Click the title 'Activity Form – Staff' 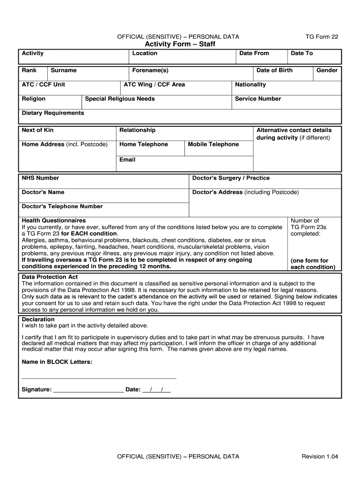tap(180, 44)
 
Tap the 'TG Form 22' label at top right tap(322, 36)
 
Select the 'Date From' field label tap(254, 53)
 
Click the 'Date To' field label tap(302, 53)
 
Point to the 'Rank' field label tap(29, 71)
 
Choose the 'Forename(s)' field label tap(150, 71)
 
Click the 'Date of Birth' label tap(274, 71)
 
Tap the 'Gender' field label tap(327, 71)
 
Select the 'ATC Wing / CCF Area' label tap(154, 85)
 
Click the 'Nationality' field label tap(250, 85)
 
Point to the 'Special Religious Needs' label tap(120, 99)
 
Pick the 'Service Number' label tap(258, 99)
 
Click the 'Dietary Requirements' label tap(53, 113)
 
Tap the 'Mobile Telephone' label tap(213, 145)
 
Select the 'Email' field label tap(127, 160)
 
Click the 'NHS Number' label tap(40, 178)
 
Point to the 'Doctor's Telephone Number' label tap(62, 207)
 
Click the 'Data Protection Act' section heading tap(50, 277)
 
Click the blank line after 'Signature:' tap(88, 389)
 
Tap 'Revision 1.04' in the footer tap(320, 457)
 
